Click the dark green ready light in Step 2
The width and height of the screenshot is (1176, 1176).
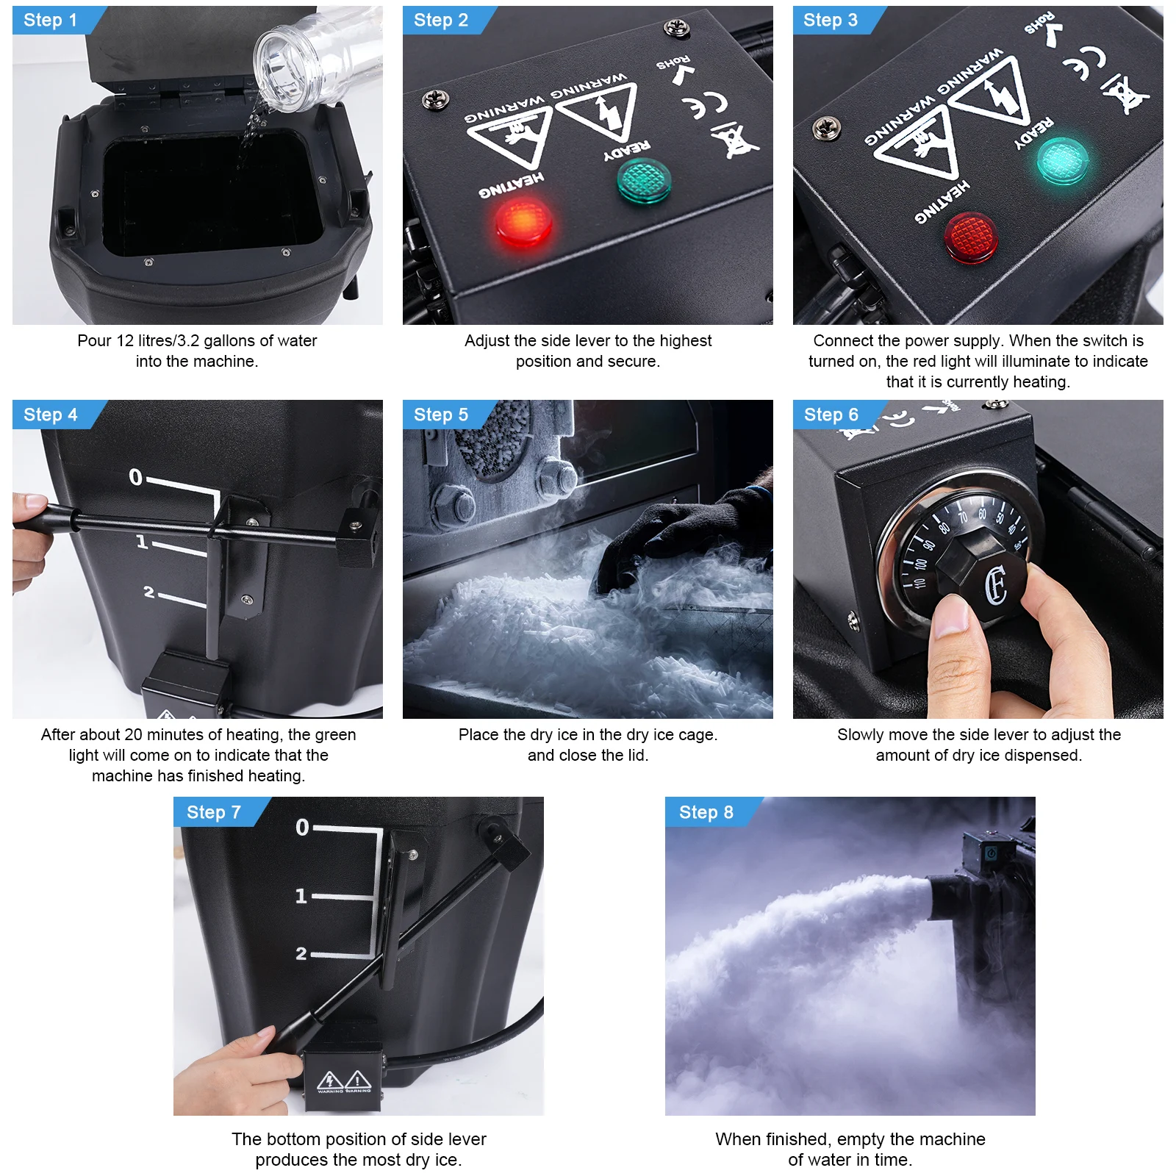tap(643, 182)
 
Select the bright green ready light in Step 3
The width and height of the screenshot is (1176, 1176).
tap(1062, 160)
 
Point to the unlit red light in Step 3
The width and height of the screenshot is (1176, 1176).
tap(970, 237)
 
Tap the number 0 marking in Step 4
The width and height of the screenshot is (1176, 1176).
tap(135, 478)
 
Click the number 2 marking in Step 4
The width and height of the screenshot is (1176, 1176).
tap(149, 592)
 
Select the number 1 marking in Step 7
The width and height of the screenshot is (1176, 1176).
tap(301, 896)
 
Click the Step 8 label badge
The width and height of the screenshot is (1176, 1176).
tap(706, 812)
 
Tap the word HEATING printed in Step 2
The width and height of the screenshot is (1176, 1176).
tap(511, 185)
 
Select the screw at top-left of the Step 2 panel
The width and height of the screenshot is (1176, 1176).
tap(437, 99)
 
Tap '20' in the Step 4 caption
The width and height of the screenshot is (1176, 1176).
tap(133, 735)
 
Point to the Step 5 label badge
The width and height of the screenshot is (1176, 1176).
tap(441, 415)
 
